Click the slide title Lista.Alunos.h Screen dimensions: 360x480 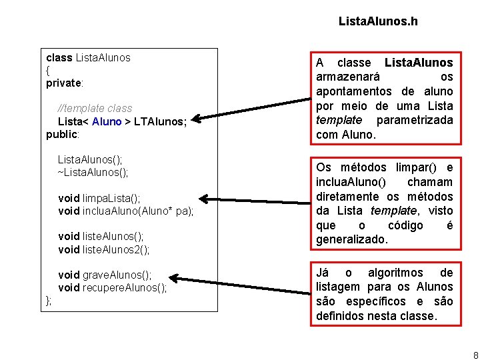tap(378, 21)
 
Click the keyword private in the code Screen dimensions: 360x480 tap(63, 83)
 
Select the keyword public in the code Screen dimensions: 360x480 tap(62, 134)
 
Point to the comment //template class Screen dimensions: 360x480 tap(95, 108)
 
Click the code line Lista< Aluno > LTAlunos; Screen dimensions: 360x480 tap(122, 121)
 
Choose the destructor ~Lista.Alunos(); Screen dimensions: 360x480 tap(93, 172)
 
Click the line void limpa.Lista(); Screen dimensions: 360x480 tap(99, 198)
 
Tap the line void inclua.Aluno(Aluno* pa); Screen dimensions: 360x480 tap(126, 211)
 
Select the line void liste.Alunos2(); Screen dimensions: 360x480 tap(104, 249)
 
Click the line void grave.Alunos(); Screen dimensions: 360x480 tap(105, 275)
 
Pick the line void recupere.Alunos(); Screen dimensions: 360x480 tap(113, 288)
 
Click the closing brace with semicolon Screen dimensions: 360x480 tap(49, 301)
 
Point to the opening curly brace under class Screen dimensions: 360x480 tap(48, 70)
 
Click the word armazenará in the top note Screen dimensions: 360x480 tap(349, 77)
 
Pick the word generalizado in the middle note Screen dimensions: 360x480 tap(351, 239)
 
